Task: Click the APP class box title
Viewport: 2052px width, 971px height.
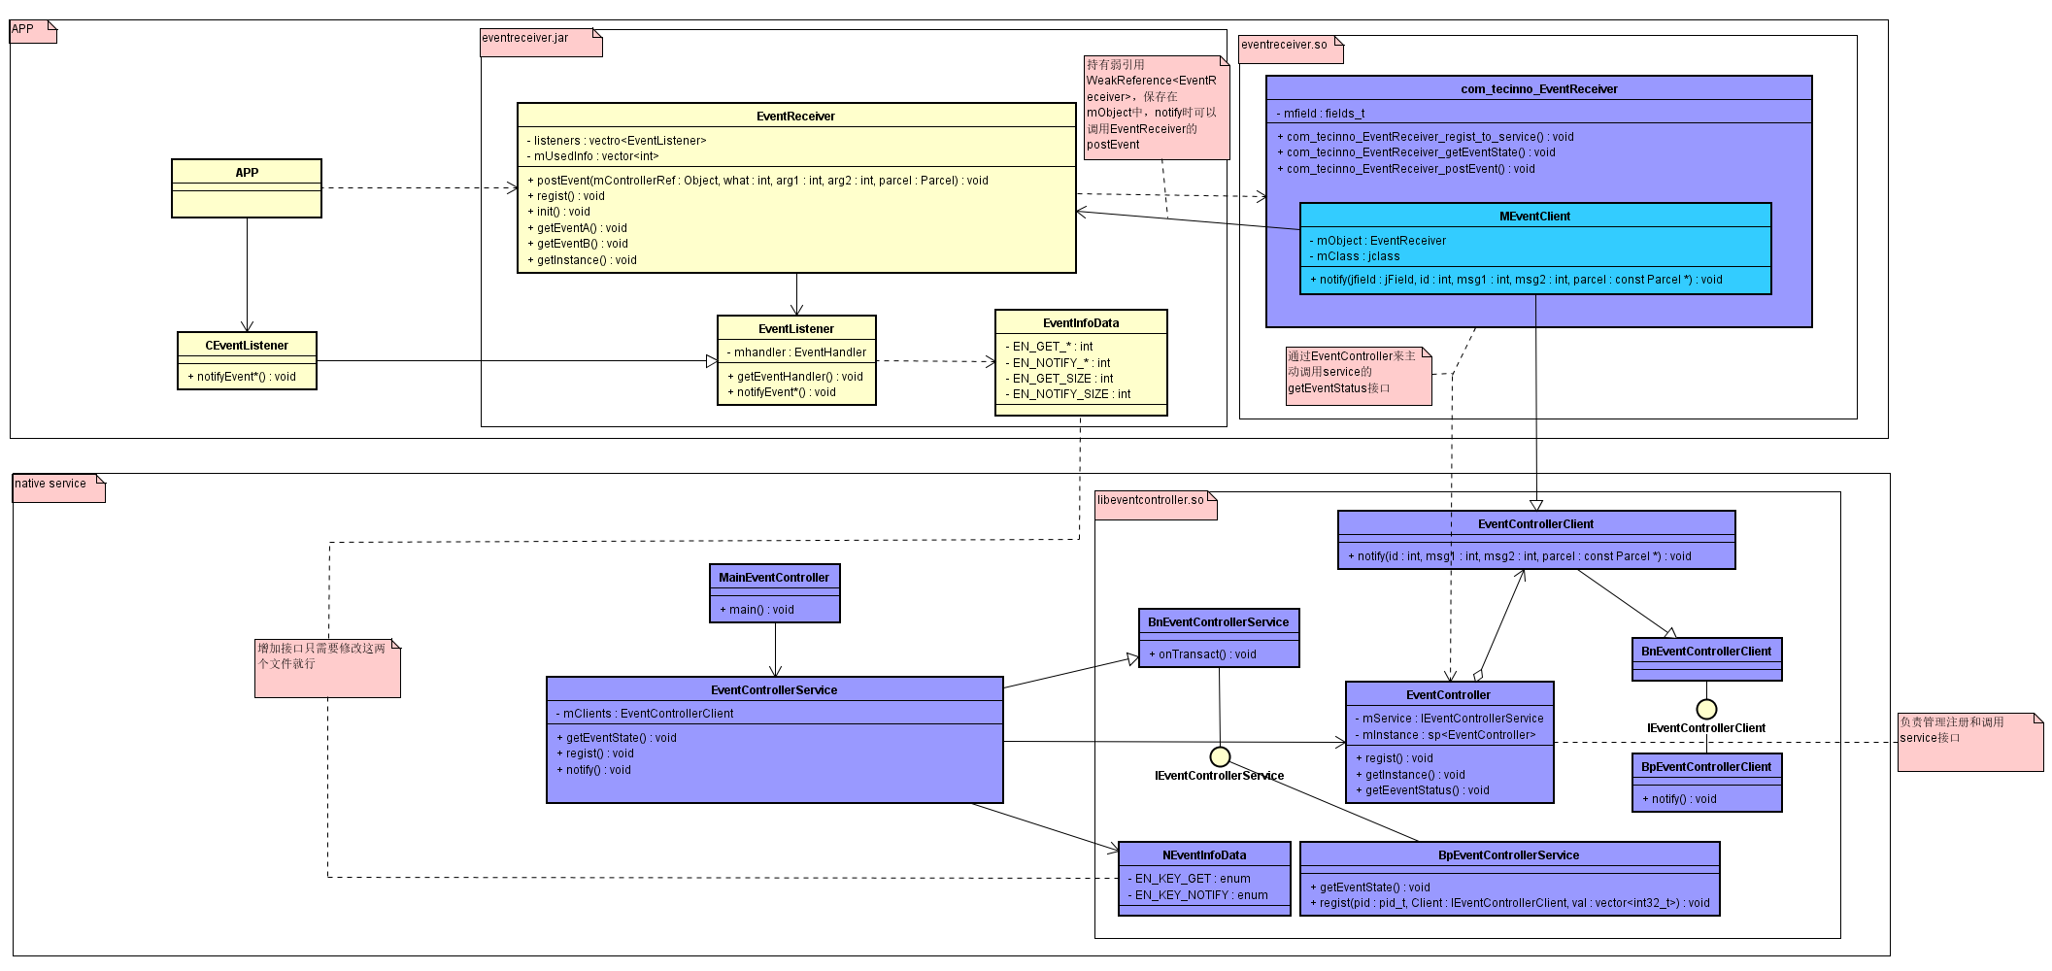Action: tap(247, 172)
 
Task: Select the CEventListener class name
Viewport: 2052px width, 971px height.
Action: tap(247, 345)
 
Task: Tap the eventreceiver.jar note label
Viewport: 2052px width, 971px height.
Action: tap(525, 38)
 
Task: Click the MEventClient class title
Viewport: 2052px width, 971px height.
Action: tap(1534, 216)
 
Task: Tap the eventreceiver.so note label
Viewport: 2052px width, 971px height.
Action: tap(1284, 45)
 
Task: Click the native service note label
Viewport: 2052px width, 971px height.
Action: tap(50, 484)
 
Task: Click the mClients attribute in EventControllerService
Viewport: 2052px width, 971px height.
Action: tap(648, 713)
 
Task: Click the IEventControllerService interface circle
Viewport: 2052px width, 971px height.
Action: tap(1220, 756)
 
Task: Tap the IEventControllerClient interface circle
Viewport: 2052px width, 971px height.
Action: tap(1706, 709)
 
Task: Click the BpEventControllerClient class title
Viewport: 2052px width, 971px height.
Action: tap(1705, 766)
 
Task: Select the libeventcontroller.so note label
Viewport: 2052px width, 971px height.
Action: tap(1150, 500)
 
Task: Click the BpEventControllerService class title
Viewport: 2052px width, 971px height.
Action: tap(1508, 854)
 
